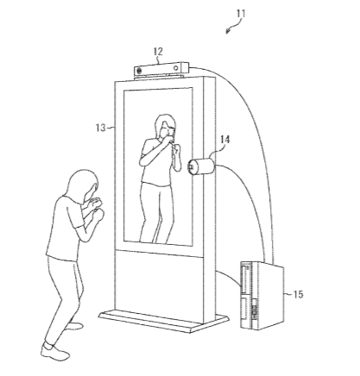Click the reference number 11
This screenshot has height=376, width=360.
tap(241, 14)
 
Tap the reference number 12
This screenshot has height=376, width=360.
tap(158, 52)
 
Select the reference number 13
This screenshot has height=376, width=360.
tap(101, 128)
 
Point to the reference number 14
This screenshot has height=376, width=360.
tap(225, 140)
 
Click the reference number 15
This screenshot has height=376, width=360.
tap(298, 294)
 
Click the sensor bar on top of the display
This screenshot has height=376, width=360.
tap(161, 69)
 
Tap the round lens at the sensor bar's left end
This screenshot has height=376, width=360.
tap(139, 70)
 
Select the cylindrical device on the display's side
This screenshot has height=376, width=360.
tap(201, 166)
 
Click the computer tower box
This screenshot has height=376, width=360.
tap(262, 296)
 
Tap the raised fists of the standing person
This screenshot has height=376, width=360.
tap(96, 207)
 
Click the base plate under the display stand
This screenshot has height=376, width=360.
tap(163, 320)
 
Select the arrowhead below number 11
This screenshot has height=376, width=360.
tap(228, 31)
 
